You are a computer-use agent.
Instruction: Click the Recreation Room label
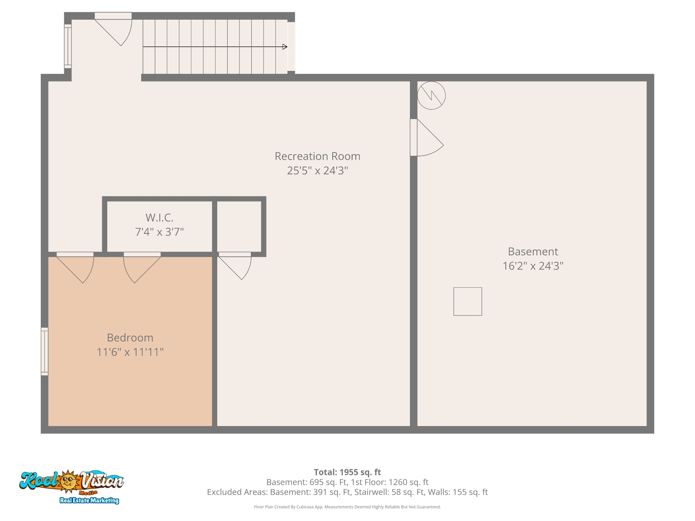(317, 156)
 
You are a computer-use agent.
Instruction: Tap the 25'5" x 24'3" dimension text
(317, 170)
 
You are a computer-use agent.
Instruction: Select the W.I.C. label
(159, 217)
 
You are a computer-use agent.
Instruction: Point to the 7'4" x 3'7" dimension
(159, 232)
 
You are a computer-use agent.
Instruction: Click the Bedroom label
(130, 337)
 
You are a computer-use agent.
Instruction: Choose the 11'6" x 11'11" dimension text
(130, 352)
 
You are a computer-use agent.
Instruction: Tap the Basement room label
(533, 251)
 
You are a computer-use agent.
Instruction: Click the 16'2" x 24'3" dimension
(533, 266)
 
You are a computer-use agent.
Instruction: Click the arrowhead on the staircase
(285, 47)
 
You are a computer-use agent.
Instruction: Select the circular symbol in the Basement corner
(431, 95)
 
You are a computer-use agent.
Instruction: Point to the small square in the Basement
(468, 302)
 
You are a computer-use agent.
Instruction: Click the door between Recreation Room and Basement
(427, 137)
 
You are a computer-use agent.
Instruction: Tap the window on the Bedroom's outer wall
(44, 351)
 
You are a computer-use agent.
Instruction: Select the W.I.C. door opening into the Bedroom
(142, 268)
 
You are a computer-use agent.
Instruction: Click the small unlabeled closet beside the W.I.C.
(239, 226)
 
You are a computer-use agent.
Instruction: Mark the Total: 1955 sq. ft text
(347, 472)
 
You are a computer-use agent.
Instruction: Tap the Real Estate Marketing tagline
(89, 500)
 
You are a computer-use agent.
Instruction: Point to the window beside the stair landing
(68, 46)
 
